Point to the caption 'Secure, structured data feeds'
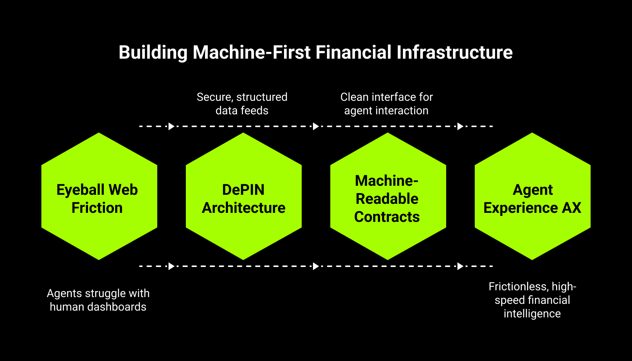tap(242, 104)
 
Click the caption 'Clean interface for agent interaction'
tap(386, 104)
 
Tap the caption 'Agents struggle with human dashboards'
tap(98, 300)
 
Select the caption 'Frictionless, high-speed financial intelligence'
tap(532, 300)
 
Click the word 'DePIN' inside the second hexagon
tap(243, 190)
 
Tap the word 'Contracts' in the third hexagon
tap(387, 217)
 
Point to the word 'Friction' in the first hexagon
tap(97, 208)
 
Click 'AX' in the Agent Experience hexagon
tap(571, 208)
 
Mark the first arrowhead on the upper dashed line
tap(171, 126)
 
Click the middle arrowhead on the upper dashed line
tap(316, 126)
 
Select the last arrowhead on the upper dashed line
tap(460, 126)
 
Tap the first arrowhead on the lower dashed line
tap(171, 266)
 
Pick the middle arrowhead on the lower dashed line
tap(316, 266)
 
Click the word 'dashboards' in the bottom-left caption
tap(117, 307)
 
